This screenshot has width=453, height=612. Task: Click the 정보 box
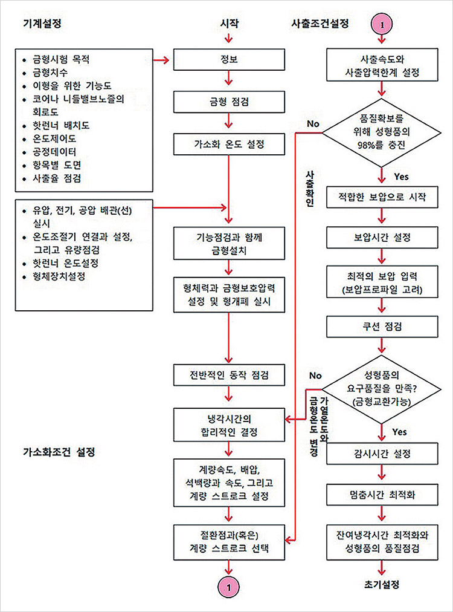(x=229, y=59)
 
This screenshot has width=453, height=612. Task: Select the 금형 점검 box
(x=229, y=102)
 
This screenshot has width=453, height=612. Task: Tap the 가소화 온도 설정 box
(x=229, y=145)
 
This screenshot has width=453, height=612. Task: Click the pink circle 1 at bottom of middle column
(x=229, y=587)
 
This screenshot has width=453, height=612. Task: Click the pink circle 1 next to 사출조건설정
(x=382, y=24)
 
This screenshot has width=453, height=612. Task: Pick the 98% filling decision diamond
(x=382, y=132)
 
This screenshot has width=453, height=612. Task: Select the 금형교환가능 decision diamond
(x=382, y=389)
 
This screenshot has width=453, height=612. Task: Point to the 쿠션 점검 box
(x=382, y=327)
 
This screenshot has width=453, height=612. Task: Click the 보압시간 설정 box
(x=382, y=237)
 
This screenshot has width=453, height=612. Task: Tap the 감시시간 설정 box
(x=382, y=454)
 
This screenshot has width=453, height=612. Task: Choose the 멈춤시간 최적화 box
(x=382, y=495)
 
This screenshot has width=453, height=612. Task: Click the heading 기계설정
(x=42, y=24)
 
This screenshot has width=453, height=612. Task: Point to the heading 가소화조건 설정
(x=59, y=452)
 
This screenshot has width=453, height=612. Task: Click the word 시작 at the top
(x=229, y=24)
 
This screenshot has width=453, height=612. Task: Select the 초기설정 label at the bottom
(x=382, y=584)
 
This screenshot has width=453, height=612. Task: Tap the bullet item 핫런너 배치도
(x=61, y=125)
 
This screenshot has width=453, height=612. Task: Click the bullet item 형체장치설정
(x=59, y=276)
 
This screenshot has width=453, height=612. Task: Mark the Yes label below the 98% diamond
(x=401, y=177)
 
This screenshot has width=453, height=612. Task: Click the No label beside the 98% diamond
(x=313, y=124)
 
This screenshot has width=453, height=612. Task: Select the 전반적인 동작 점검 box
(x=229, y=375)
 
